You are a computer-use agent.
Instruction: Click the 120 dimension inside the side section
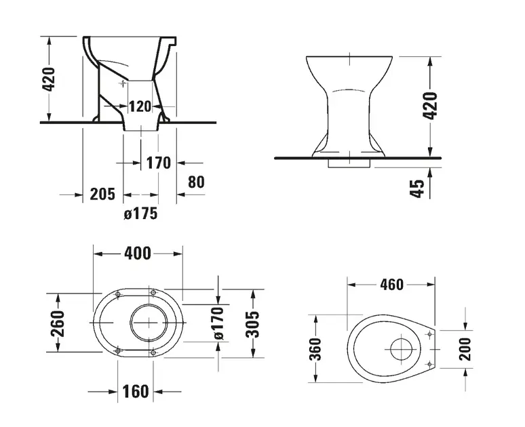(x=140, y=106)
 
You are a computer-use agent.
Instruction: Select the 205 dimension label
(x=102, y=194)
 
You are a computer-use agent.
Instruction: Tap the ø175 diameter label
(x=140, y=213)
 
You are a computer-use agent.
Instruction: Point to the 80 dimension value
(x=196, y=182)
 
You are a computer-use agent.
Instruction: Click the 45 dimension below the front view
(x=419, y=188)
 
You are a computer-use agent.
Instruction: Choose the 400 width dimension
(x=138, y=253)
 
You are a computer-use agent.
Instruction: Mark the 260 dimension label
(x=58, y=322)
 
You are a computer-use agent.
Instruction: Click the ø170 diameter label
(x=218, y=323)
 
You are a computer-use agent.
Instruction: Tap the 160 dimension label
(x=136, y=392)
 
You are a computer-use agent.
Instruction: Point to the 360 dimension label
(x=315, y=349)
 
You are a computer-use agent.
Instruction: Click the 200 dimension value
(x=465, y=349)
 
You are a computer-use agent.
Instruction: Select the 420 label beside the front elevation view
(x=430, y=105)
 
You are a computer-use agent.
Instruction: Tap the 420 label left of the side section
(x=49, y=79)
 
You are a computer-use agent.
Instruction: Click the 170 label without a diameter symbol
(x=159, y=163)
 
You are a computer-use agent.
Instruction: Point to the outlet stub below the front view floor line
(x=349, y=163)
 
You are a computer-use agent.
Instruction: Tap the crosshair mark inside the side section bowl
(x=122, y=83)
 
